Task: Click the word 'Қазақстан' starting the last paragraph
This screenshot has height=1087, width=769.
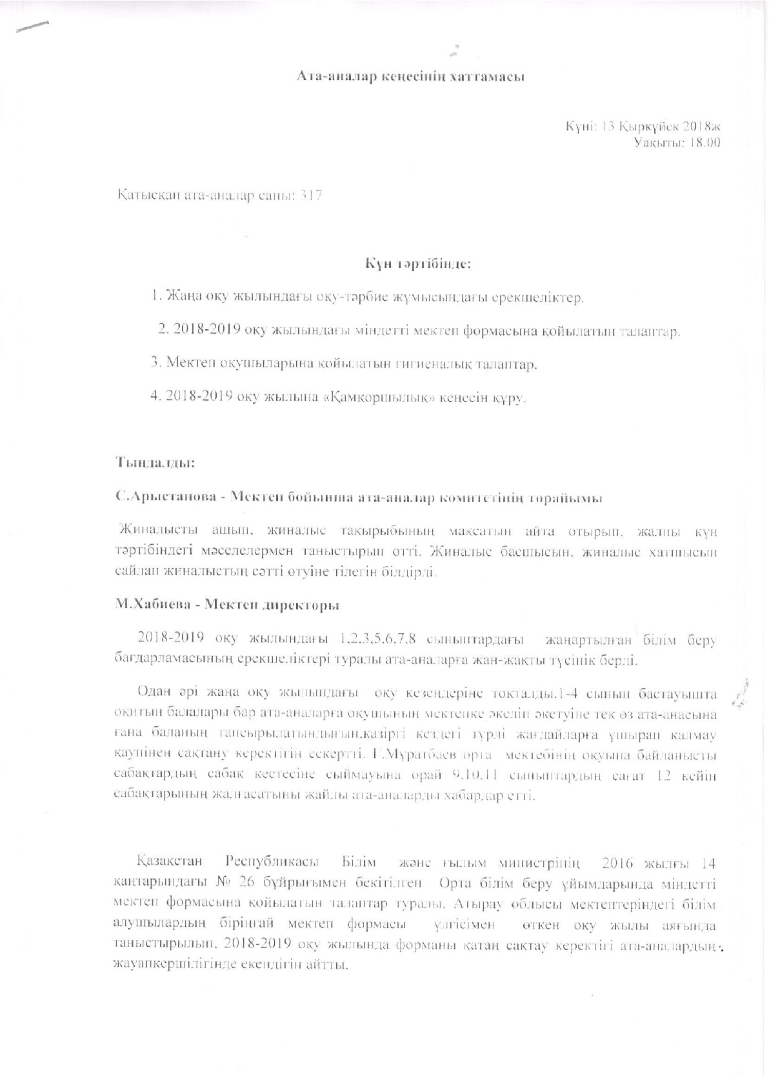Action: pos(170,862)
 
